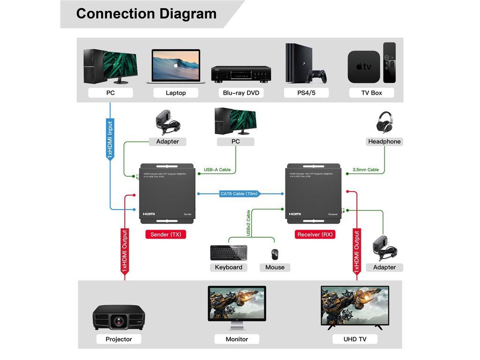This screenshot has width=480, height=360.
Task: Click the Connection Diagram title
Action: point(146,14)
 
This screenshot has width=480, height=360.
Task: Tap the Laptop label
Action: point(176,93)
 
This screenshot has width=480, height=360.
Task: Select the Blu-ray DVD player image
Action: point(241,74)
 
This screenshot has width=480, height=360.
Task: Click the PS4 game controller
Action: point(317,76)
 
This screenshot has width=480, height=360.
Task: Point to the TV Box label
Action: point(371,93)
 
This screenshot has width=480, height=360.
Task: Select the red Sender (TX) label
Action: point(165,234)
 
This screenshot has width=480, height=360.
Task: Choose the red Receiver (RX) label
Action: point(315,234)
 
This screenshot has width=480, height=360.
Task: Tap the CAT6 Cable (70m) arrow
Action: point(239,194)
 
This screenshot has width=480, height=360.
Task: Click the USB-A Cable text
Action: point(217,170)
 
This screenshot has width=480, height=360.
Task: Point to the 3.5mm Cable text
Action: point(366,170)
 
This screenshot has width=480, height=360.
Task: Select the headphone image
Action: point(384,122)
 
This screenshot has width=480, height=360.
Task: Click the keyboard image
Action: point(229,253)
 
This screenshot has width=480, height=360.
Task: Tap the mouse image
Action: point(274,254)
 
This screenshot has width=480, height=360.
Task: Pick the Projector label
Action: point(119,339)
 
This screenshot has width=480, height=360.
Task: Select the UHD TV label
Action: point(355,339)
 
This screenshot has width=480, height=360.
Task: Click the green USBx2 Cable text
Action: point(248,223)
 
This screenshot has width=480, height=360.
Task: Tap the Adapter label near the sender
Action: point(167,142)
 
